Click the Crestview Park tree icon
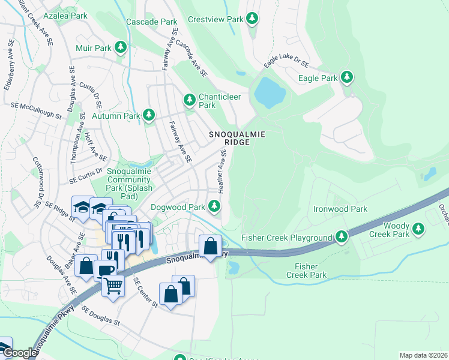click(x=253, y=19)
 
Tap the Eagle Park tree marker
click(x=346, y=77)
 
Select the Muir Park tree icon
click(x=121, y=47)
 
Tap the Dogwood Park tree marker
click(x=214, y=206)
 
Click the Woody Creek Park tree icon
click(x=418, y=229)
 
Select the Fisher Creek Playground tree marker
click(x=341, y=237)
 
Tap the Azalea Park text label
click(x=66, y=16)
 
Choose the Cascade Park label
click(x=151, y=22)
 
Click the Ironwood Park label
click(x=340, y=209)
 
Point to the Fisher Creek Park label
click(x=306, y=270)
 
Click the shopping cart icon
click(x=112, y=286)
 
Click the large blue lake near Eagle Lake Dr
click(x=269, y=90)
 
